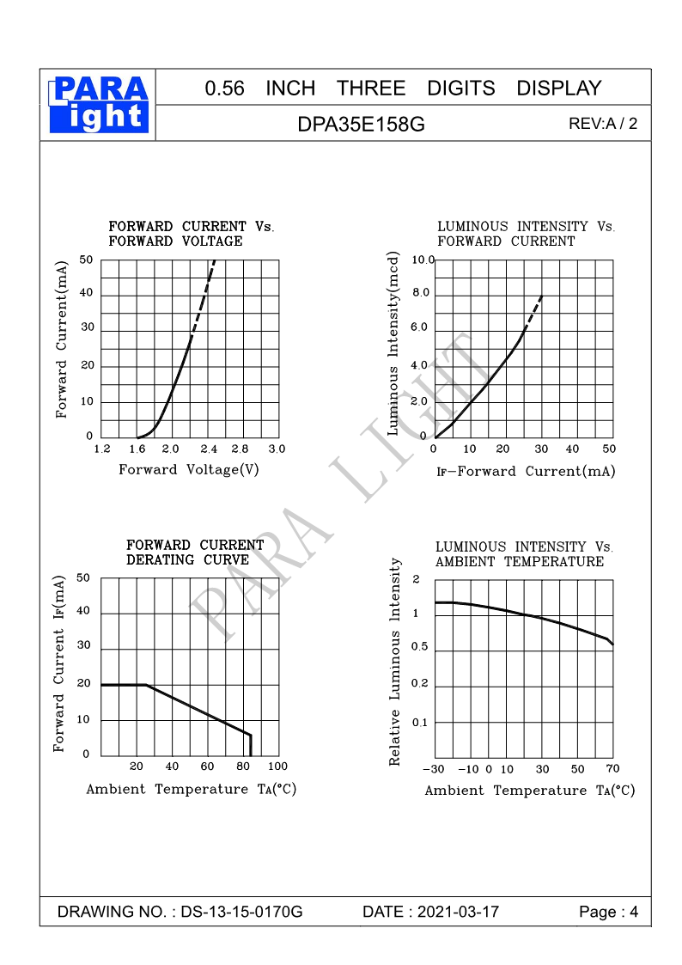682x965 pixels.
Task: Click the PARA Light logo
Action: click(100, 105)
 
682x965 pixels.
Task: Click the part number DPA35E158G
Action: click(361, 124)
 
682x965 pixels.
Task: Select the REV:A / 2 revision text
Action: click(603, 123)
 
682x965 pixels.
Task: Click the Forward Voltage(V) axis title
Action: click(189, 469)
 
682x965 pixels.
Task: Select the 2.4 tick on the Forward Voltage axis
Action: click(209, 449)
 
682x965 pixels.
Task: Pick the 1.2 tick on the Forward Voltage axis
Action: click(102, 449)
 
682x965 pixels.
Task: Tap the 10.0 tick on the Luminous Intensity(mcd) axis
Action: click(423, 260)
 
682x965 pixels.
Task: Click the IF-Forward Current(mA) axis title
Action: click(526, 471)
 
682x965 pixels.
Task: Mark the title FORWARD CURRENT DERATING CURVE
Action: click(195, 553)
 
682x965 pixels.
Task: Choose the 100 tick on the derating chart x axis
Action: click(277, 766)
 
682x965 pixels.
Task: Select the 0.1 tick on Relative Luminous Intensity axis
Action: click(419, 722)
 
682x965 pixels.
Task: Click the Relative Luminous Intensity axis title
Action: click(396, 662)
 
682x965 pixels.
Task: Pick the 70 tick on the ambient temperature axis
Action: click(612, 768)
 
